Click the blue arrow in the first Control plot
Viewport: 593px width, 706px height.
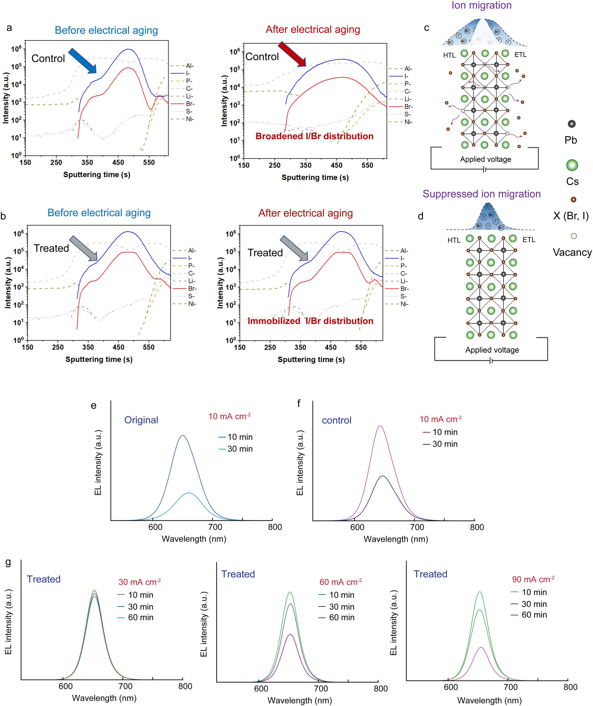(82, 60)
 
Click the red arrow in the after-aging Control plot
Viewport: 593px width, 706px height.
(292, 54)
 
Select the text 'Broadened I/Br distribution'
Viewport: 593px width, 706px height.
(314, 136)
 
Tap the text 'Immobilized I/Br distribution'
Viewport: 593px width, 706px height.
(310, 321)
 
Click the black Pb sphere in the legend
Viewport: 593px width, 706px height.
(571, 124)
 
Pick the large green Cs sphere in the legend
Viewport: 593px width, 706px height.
(572, 165)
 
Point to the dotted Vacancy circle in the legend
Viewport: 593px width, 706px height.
(574, 236)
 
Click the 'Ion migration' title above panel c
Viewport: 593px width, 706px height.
(481, 5)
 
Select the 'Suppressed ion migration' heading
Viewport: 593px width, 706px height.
(481, 194)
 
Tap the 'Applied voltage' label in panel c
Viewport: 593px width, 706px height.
(485, 159)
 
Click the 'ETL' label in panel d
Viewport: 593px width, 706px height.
(529, 240)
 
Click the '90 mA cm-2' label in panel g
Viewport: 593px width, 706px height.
(533, 579)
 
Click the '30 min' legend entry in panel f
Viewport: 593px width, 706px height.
(445, 444)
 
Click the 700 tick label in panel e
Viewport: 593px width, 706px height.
(215, 527)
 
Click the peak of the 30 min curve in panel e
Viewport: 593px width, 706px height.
(189, 493)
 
